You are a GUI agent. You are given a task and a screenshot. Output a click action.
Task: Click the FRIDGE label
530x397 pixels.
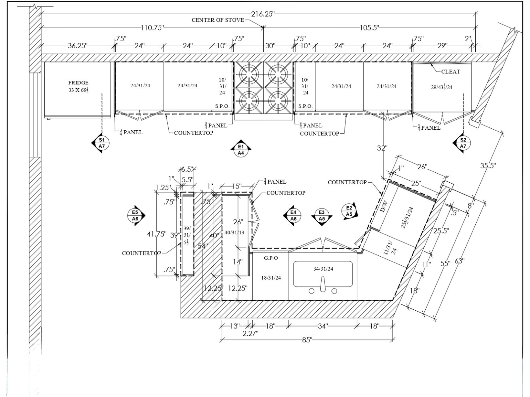tap(78, 83)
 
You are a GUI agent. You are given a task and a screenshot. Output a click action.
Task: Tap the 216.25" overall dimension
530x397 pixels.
tap(263, 14)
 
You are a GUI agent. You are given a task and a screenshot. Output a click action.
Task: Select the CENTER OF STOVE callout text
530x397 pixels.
tap(218, 20)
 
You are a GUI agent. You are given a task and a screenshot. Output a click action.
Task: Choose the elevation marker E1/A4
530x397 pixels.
tap(241, 150)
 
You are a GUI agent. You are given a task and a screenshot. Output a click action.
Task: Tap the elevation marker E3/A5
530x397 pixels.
tap(322, 216)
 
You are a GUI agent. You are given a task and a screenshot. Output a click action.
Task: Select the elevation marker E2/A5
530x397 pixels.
tap(349, 211)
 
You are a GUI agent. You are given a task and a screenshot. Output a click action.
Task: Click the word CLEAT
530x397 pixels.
tap(450, 71)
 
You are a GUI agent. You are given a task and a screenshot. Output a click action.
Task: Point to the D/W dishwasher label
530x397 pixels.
tap(384, 206)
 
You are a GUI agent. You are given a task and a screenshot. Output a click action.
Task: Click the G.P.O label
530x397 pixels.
tap(271, 258)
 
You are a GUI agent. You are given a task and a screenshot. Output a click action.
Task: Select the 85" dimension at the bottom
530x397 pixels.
tap(307, 340)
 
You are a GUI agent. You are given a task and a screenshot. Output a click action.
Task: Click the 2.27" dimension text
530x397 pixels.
tap(250, 333)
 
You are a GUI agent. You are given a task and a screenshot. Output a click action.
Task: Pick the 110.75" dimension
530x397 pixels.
tap(152, 28)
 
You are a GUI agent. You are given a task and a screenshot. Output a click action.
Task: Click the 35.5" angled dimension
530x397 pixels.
tap(488, 166)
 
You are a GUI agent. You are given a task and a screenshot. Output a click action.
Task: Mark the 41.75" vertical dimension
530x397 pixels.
tap(157, 234)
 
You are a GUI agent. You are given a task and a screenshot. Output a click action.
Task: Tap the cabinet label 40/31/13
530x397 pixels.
tap(234, 232)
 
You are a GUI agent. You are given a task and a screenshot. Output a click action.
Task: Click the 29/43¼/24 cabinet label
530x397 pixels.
tap(442, 87)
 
